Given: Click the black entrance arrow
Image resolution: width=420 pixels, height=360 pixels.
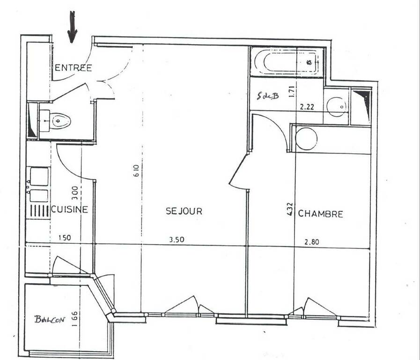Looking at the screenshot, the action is coord(72,27).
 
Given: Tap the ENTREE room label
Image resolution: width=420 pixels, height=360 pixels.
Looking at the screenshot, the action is coord(74,68).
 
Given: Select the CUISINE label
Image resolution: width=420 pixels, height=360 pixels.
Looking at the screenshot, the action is coord(69,209).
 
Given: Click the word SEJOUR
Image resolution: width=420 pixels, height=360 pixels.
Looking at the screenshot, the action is coord(184,211).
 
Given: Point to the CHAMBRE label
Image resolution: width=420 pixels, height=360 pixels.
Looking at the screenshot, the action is coord(321,214).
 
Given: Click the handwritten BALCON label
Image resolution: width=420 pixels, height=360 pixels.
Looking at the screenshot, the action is coord(50,319).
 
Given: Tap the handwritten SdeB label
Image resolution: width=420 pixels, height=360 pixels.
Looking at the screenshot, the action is coord(267,96).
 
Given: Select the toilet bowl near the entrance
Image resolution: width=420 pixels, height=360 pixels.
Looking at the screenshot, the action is coord(61,121).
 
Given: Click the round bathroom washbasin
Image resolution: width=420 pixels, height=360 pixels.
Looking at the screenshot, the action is coord(337,107).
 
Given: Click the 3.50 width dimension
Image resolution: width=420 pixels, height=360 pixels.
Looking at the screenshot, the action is coord(177,239).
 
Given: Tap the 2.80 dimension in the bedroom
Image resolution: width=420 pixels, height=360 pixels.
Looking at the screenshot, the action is coord(312,242).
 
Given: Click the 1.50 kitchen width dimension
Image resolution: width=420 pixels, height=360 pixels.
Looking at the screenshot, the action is coord(65,238).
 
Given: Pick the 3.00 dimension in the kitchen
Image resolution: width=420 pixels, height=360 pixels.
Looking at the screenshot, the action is coord(75,193).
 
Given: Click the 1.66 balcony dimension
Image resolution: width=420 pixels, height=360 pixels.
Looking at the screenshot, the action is coord(75,318).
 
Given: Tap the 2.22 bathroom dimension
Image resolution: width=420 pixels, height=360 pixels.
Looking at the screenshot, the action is coord(307,107).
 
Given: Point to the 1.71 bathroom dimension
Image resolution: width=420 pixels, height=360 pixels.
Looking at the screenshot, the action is coord(292,91).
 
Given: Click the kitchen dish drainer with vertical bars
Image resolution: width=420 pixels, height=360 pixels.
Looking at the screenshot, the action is coord(39,210).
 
